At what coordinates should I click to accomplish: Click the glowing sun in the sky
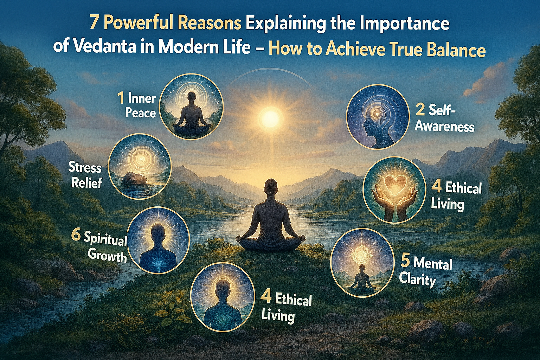(270, 116)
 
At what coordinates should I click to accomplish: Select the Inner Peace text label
(141, 105)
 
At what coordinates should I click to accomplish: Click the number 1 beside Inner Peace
(121, 98)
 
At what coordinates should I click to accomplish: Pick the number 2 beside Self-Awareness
(420, 110)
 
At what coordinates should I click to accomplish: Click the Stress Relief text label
(85, 175)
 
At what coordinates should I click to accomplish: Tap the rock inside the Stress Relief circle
(134, 179)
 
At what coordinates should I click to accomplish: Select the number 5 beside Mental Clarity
(405, 262)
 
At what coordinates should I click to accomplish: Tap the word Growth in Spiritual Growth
(107, 255)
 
